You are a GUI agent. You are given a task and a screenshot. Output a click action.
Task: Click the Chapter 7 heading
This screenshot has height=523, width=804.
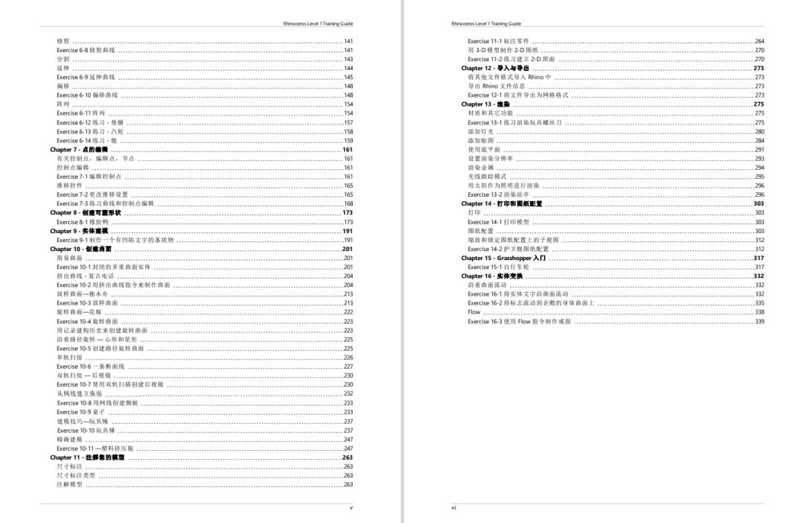[81, 149]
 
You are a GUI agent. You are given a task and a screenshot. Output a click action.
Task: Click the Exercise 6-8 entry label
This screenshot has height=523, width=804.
[86, 50]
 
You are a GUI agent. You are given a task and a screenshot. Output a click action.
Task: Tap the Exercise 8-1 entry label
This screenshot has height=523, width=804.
[78, 222]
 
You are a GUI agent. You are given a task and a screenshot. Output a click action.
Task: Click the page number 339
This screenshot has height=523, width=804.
[759, 321]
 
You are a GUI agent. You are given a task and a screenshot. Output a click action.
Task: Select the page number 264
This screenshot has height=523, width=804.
[759, 41]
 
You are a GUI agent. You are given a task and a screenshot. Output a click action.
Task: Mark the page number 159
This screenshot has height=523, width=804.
[348, 140]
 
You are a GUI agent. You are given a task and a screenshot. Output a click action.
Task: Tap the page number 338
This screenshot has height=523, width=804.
[759, 312]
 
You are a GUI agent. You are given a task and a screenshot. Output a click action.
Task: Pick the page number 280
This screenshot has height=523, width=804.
[759, 131]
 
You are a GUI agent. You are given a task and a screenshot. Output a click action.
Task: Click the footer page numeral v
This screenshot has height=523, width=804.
[351, 508]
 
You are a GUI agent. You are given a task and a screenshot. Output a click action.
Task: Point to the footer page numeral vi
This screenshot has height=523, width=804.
[453, 508]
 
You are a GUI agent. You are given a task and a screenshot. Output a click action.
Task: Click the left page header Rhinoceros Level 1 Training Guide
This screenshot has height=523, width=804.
[318, 24]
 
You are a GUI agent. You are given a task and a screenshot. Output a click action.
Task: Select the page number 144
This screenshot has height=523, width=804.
[348, 68]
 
